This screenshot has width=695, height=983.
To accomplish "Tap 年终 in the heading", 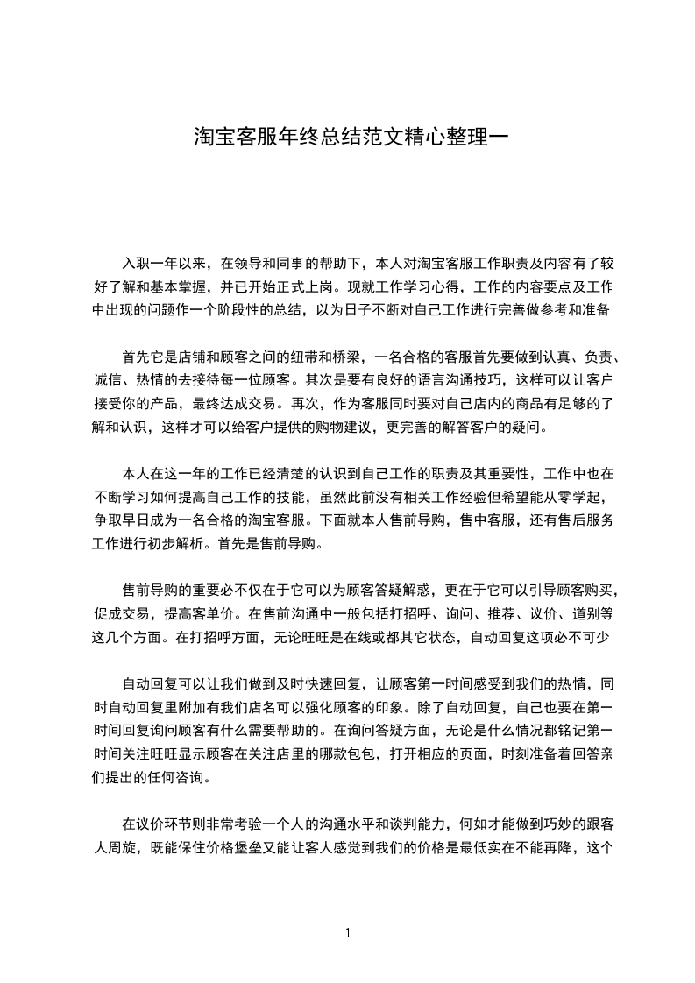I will point(287,138).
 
